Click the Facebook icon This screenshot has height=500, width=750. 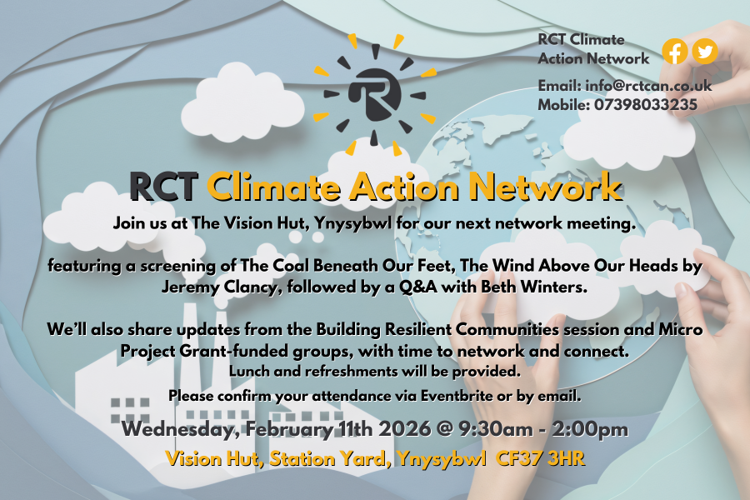point(675,52)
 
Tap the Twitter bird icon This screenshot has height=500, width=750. point(705,52)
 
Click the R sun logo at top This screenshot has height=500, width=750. point(374,92)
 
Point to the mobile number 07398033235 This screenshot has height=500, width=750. point(646,105)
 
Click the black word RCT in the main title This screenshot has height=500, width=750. point(163,187)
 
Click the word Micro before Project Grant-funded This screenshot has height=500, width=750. point(682,330)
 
